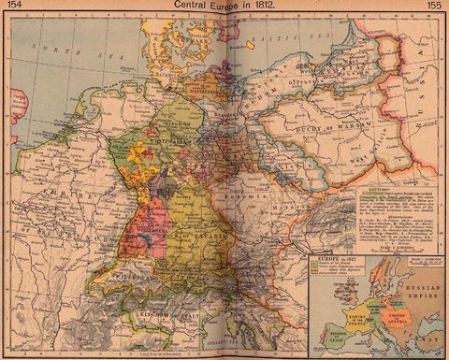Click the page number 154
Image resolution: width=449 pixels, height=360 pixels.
click(14, 7)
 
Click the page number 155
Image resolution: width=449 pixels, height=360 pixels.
click(435, 7)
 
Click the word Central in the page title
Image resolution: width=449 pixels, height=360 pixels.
click(187, 7)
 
